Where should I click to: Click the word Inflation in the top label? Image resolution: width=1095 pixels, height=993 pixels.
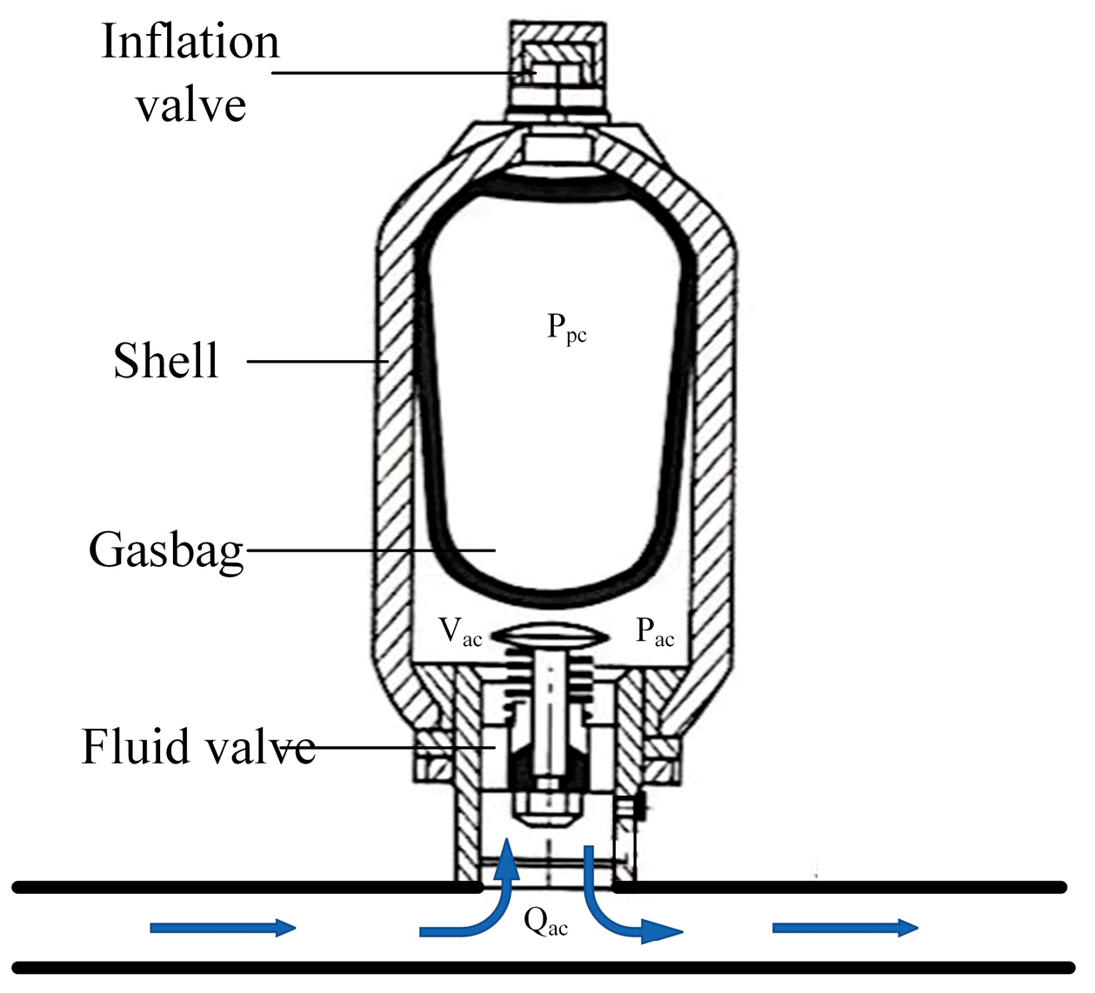pyautogui.click(x=190, y=42)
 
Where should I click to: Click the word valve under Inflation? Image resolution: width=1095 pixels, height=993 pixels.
pyautogui.click(x=190, y=106)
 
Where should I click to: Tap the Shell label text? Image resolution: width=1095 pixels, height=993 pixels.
pyautogui.click(x=165, y=361)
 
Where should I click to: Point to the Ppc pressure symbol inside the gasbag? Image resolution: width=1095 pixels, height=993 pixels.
pyautogui.click(x=566, y=329)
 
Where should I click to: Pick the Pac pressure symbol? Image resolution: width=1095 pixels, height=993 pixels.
pyautogui.click(x=655, y=631)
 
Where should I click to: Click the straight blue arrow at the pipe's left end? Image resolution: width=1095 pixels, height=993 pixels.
pyautogui.click(x=223, y=928)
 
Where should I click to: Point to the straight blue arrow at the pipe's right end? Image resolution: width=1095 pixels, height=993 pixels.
pyautogui.click(x=845, y=928)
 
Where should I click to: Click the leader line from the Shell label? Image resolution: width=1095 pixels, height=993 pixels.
pyautogui.click(x=317, y=361)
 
